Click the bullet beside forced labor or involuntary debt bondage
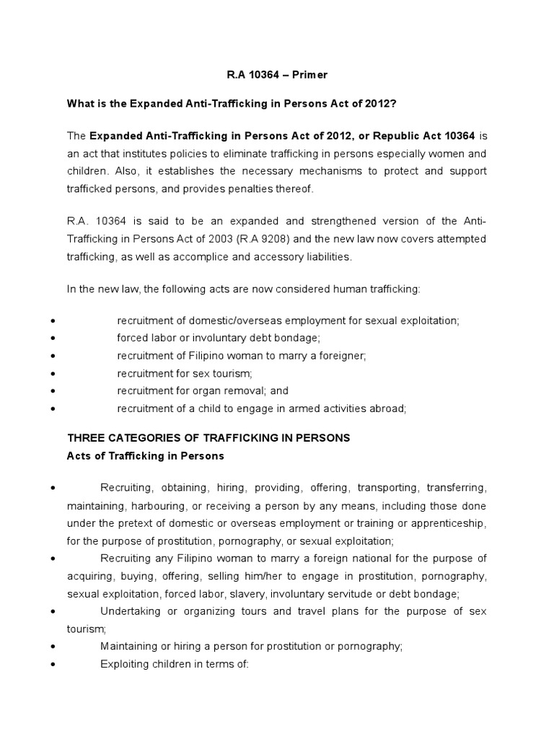[x=56, y=337]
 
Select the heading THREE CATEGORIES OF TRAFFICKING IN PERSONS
[x=208, y=438]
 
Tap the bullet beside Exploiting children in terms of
[x=56, y=664]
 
